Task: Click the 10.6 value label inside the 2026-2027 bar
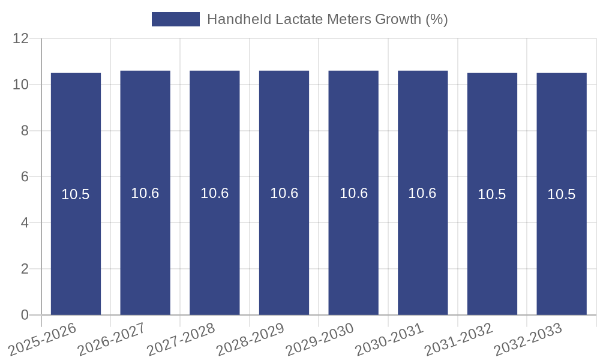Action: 145,193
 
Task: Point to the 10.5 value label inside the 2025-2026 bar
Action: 76,194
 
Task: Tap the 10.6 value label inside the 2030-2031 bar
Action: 422,193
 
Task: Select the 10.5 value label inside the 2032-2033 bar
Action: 562,194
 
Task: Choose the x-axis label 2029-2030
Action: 319,340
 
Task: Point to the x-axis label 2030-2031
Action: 389,340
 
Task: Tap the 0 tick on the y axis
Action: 25,315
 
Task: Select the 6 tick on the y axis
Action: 25,177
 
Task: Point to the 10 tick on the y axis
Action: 21,85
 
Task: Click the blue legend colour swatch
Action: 175,19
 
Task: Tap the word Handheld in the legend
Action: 238,19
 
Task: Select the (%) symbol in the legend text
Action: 437,19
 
